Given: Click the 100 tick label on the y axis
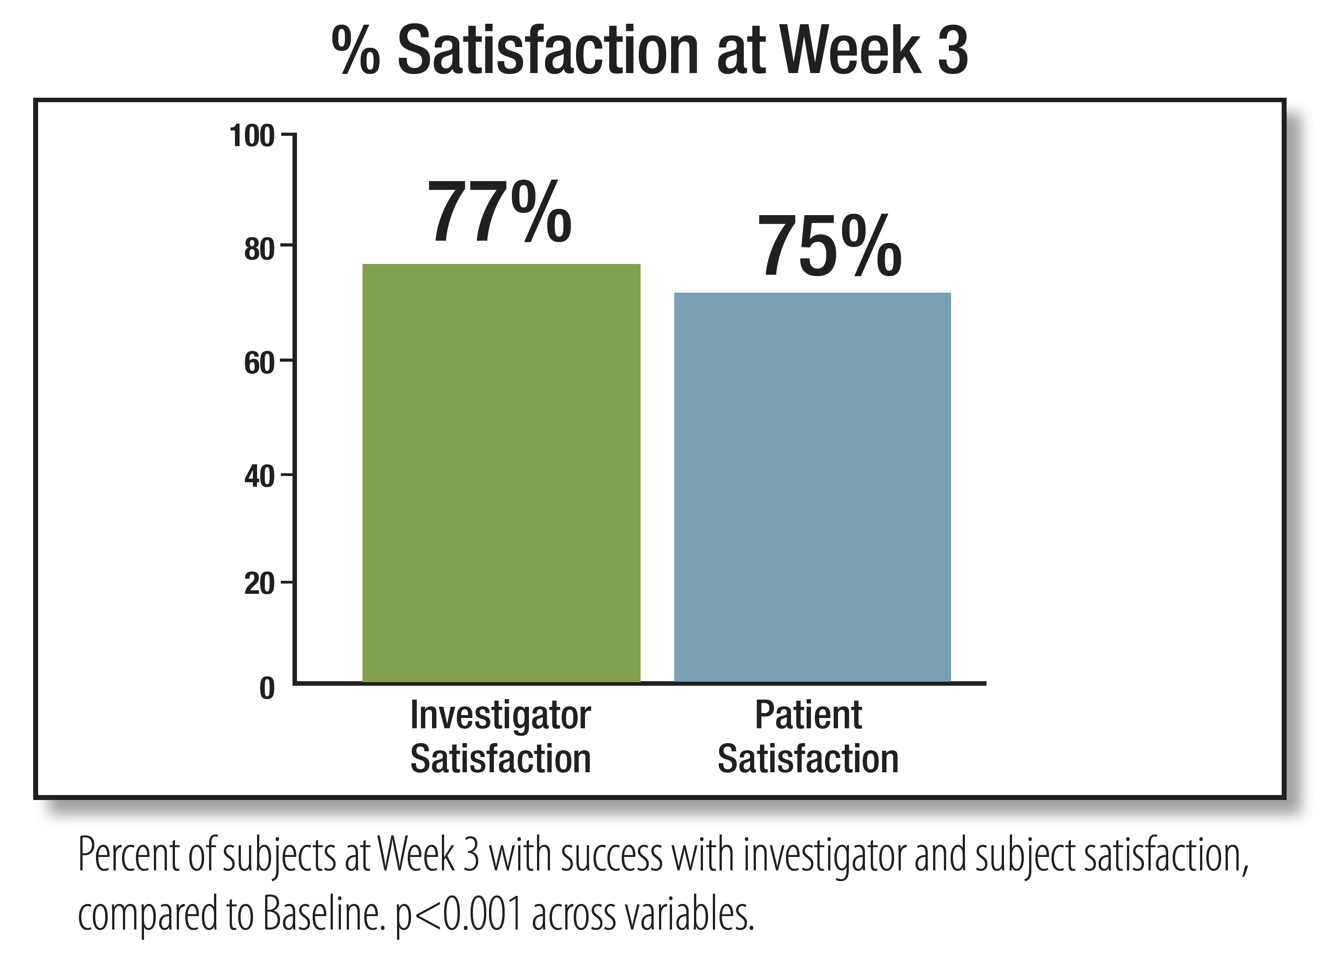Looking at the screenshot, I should point(252,137).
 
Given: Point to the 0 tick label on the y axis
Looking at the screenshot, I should point(267,689).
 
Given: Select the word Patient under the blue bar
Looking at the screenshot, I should point(808,715).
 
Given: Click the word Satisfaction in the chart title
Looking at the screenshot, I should point(548,52).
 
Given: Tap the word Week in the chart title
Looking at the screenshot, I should point(851,52).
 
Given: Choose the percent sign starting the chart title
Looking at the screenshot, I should point(356,52).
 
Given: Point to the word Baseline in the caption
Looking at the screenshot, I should point(323,914).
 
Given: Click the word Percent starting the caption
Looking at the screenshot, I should point(128,855).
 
